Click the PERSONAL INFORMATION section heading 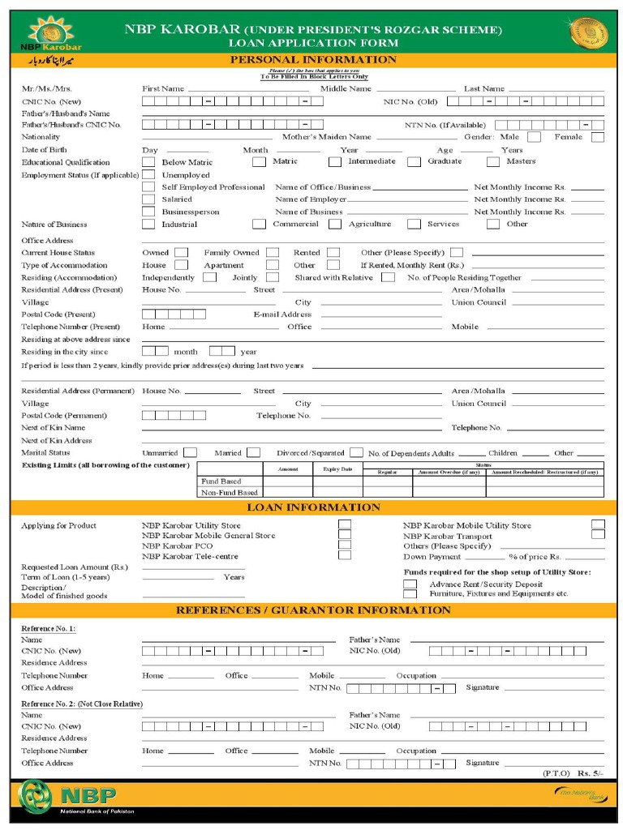pyautogui.click(x=313, y=60)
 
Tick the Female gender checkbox pyautogui.click(x=597, y=137)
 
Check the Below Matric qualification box pyautogui.click(x=148, y=162)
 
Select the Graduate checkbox pyautogui.click(x=414, y=161)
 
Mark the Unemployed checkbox pyautogui.click(x=148, y=175)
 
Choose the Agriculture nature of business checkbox pyautogui.click(x=335, y=225)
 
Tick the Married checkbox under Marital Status pyautogui.click(x=253, y=453)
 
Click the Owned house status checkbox pyautogui.click(x=182, y=253)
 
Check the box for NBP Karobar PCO pyautogui.click(x=345, y=545)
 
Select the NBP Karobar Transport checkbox pyautogui.click(x=598, y=534)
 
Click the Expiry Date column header pyautogui.click(x=337, y=469)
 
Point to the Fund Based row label pyautogui.click(x=221, y=481)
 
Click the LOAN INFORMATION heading pyautogui.click(x=313, y=507)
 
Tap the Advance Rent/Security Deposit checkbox pyautogui.click(x=410, y=584)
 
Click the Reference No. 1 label pyautogui.click(x=49, y=628)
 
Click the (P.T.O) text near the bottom pyautogui.click(x=556, y=773)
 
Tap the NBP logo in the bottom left pyautogui.click(x=69, y=796)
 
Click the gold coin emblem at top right pyautogui.click(x=588, y=34)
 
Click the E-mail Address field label pyautogui.click(x=282, y=314)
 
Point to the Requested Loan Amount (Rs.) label pyautogui.click(x=75, y=567)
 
